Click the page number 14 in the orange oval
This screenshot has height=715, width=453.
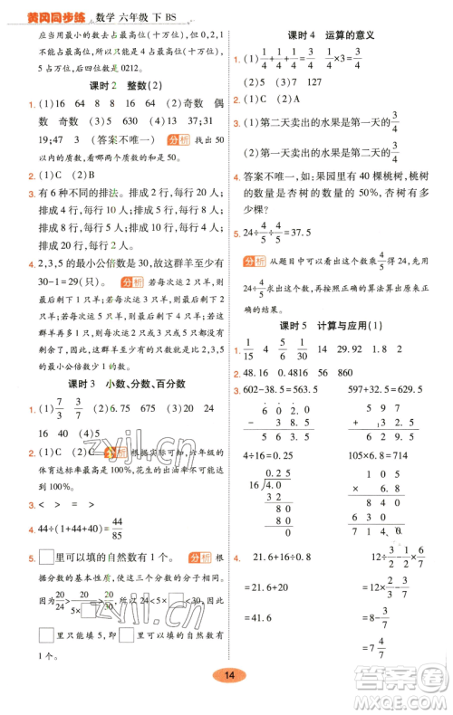(226, 699)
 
